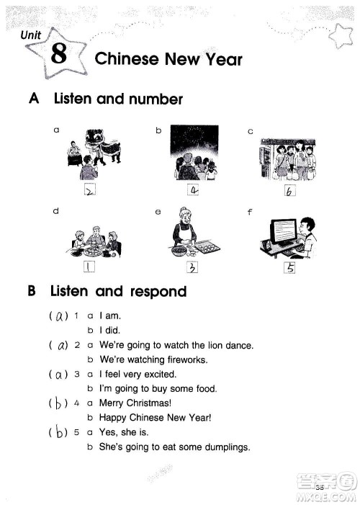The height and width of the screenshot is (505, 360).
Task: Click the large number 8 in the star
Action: [59, 53]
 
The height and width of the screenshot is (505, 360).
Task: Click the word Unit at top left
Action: [30, 35]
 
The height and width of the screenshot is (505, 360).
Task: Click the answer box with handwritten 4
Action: [193, 189]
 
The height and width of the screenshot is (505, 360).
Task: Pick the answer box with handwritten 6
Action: [290, 191]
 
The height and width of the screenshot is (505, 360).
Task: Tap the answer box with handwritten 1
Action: [89, 267]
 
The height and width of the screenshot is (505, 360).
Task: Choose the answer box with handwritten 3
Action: [192, 267]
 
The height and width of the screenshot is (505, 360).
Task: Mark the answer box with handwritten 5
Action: [289, 268]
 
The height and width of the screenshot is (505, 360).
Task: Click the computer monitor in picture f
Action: [284, 232]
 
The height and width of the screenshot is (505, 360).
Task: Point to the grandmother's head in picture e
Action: [184, 215]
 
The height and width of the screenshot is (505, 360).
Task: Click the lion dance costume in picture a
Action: [102, 146]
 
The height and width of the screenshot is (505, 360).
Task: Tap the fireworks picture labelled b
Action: [194, 153]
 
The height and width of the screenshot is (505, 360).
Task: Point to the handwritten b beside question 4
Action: [58, 403]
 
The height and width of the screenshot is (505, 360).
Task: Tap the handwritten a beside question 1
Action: [59, 317]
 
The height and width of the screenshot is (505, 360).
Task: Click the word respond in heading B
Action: [158, 292]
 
